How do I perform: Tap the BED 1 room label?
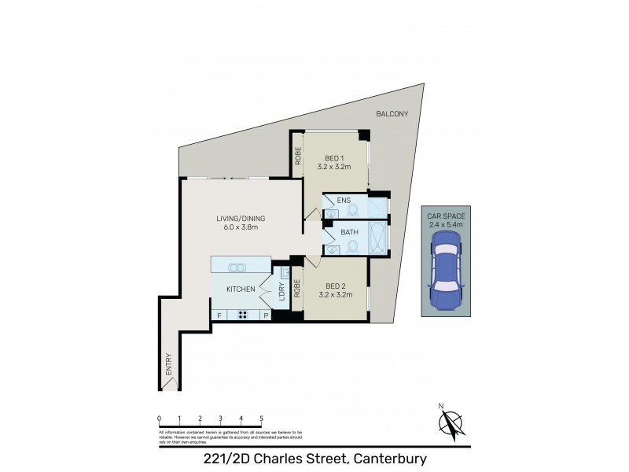[x=333, y=160]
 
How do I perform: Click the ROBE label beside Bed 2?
[x=298, y=289]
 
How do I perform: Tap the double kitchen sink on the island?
[x=237, y=267]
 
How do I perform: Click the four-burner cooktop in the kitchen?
[x=244, y=315]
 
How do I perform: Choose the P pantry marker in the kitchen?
[x=266, y=315]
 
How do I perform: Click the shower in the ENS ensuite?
[x=379, y=207]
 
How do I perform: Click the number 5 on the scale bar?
[x=261, y=418]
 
